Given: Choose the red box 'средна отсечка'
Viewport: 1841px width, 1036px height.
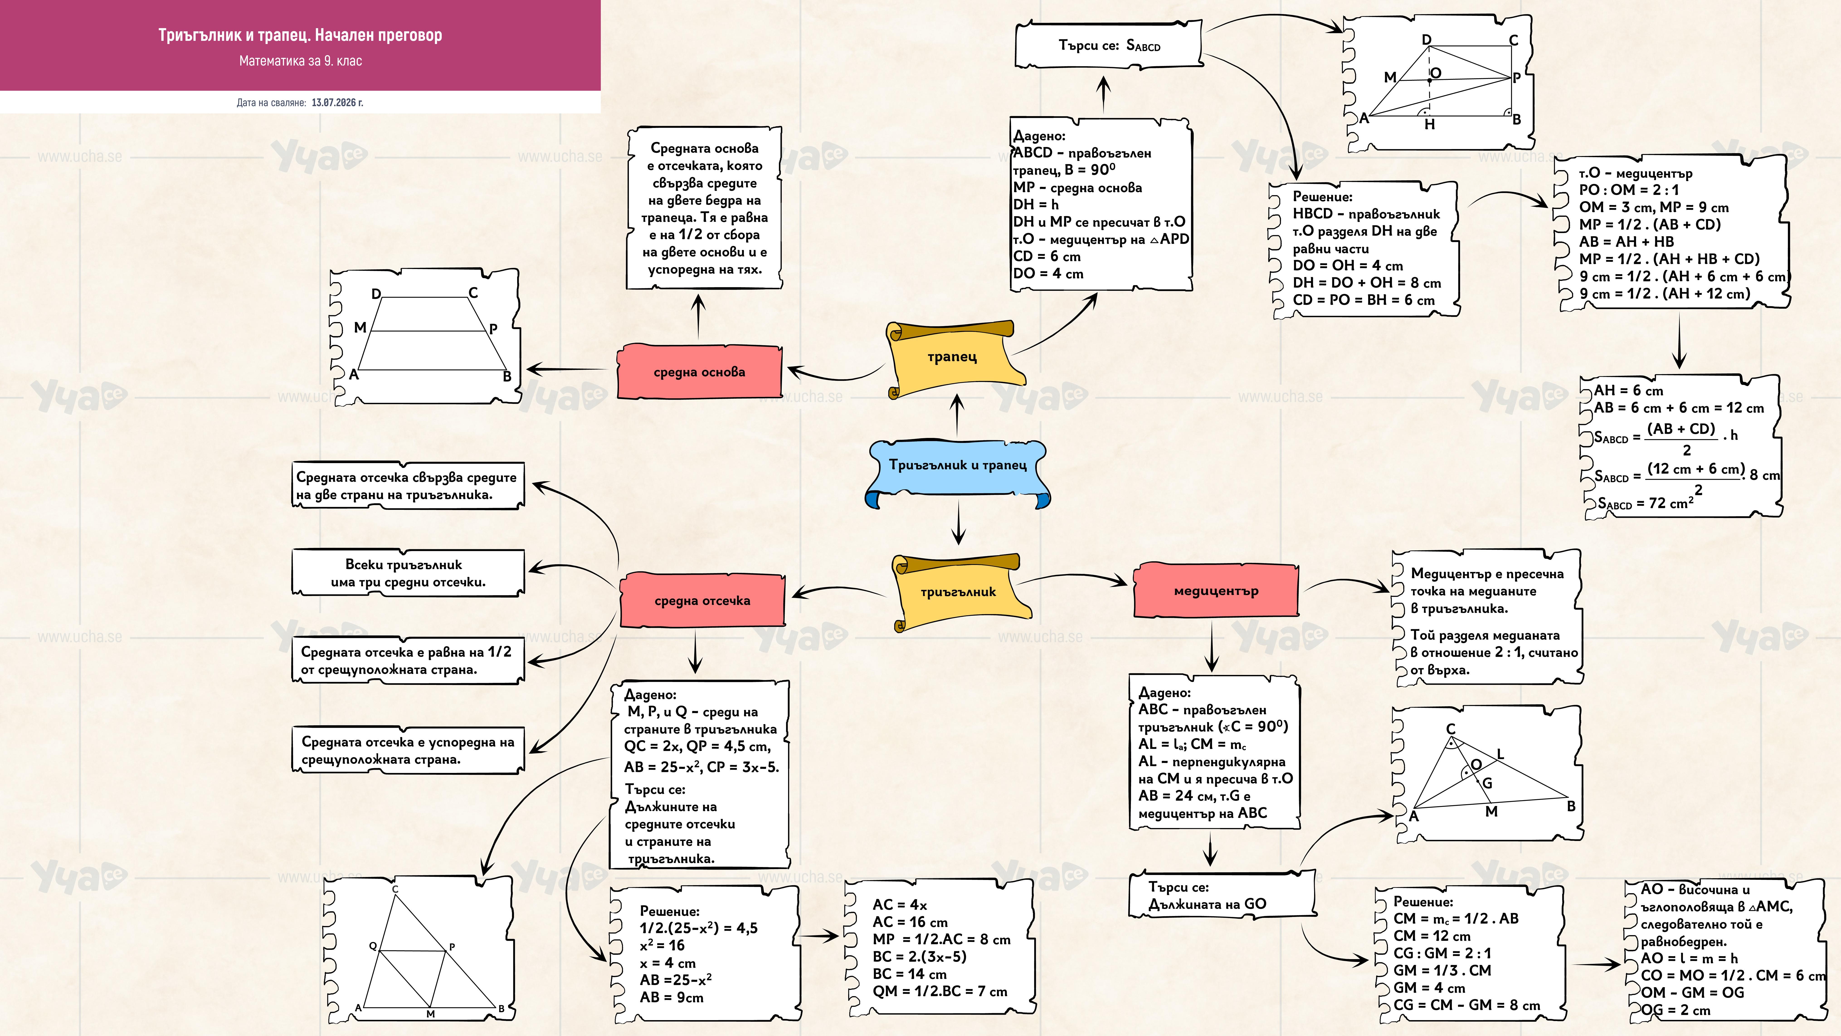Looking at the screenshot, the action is [702, 600].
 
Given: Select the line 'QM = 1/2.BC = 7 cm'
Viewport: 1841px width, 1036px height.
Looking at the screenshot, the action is [940, 991].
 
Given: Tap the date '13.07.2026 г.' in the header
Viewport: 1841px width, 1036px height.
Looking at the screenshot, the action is [337, 102].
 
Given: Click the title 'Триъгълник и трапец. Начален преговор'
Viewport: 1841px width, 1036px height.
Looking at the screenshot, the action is [300, 35].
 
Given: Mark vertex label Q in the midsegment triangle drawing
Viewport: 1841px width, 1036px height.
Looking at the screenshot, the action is [372, 945].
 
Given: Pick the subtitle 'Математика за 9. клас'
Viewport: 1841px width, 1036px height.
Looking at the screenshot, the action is [300, 61].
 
